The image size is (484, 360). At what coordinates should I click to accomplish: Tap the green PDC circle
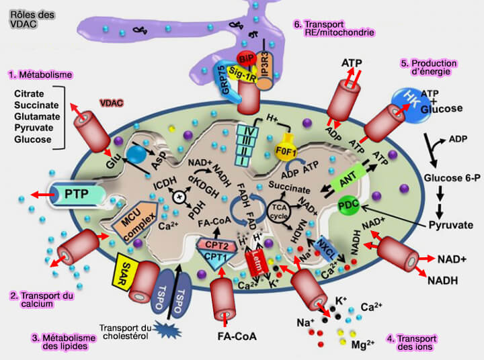349,204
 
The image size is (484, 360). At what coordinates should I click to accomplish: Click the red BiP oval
245,57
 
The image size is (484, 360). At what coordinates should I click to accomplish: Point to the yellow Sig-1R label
244,69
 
